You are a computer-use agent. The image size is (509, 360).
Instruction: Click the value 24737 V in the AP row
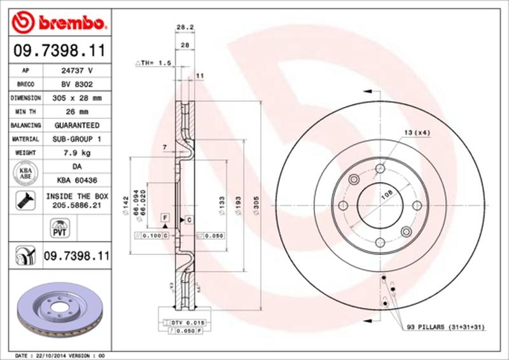76,71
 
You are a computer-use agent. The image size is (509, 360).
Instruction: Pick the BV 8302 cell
76,85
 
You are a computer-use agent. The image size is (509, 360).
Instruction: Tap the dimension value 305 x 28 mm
76,99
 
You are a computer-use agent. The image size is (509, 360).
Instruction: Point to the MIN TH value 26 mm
76,112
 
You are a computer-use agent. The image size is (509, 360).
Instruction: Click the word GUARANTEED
76,125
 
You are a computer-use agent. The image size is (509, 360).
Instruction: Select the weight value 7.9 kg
76,153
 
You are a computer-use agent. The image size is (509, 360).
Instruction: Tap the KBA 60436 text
76,181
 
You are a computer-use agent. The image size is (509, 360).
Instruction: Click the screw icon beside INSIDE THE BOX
23,200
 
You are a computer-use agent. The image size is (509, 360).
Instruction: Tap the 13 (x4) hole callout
417,132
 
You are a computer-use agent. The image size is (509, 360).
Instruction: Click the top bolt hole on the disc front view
380,169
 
